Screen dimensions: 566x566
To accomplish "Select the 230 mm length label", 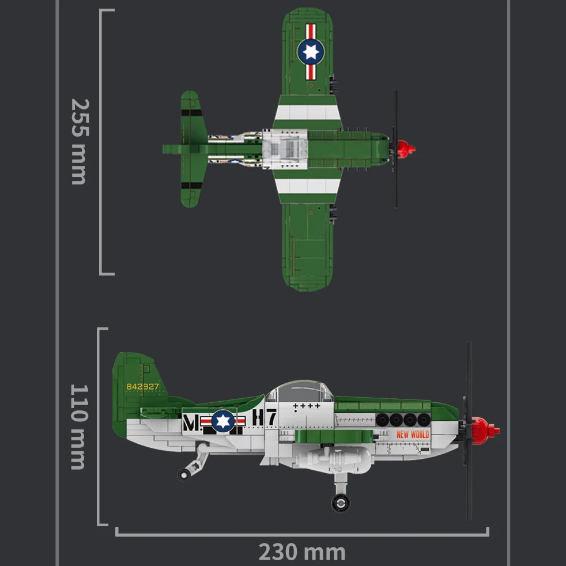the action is [x=301, y=552].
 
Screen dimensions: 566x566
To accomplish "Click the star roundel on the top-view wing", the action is [x=311, y=52].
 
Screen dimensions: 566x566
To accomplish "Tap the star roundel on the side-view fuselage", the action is [x=223, y=421].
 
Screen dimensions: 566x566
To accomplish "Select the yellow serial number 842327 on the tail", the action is [x=142, y=387].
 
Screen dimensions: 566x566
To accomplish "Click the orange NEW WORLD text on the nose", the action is [x=413, y=434].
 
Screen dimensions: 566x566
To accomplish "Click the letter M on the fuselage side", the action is [x=190, y=424].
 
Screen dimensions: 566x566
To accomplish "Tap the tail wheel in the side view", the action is [x=184, y=474].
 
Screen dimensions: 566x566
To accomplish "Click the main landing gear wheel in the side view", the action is [x=341, y=503].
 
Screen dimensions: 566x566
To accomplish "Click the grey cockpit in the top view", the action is [x=285, y=149].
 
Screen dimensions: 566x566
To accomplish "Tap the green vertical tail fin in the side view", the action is [x=134, y=380].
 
